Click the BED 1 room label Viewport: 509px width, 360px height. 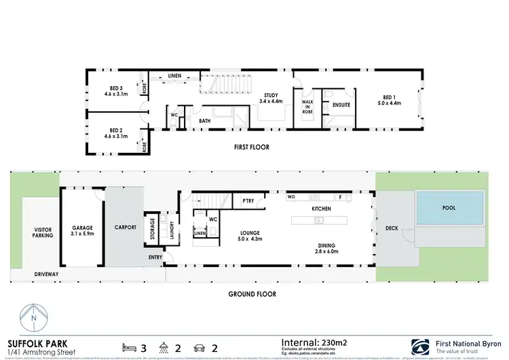pos(390,101)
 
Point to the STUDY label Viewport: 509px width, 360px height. pos(269,98)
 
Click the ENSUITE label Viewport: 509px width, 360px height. pos(340,105)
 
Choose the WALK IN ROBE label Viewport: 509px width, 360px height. pos(307,105)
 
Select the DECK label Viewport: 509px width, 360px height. pos(392,229)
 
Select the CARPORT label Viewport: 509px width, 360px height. pos(126,227)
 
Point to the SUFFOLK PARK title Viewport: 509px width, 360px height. pos(33,342)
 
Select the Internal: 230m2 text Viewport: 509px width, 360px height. pos(319,342)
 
